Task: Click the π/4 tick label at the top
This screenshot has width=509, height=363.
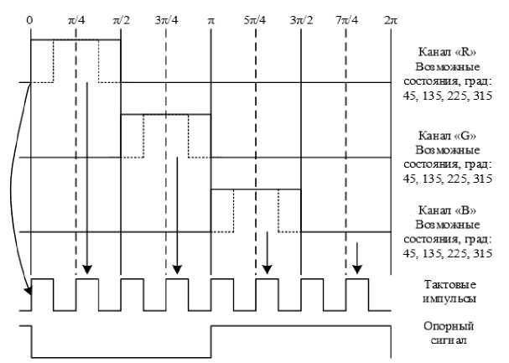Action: click(x=75, y=18)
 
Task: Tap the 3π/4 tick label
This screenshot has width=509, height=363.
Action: click(x=166, y=18)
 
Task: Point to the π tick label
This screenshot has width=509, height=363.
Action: click(x=210, y=18)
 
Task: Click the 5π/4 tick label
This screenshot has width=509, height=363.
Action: click(x=256, y=18)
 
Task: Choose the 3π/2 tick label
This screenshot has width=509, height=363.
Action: click(x=301, y=18)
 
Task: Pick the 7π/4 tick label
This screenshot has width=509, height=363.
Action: click(x=346, y=18)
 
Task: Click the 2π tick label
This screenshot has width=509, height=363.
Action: click(x=391, y=18)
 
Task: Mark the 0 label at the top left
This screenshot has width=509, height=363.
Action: click(x=30, y=18)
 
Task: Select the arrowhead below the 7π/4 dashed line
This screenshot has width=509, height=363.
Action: click(x=356, y=270)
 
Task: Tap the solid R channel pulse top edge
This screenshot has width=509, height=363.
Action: click(x=75, y=39)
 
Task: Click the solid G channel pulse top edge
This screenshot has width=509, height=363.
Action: click(x=165, y=115)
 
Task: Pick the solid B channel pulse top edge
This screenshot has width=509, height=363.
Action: click(x=256, y=190)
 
